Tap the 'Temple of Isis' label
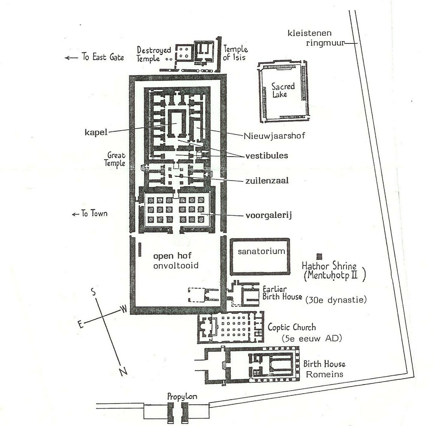(x=235, y=53)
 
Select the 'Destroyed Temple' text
(x=154, y=54)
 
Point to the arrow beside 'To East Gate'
(x=71, y=58)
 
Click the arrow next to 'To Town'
(x=75, y=214)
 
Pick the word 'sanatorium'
(x=261, y=251)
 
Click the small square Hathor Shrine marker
(x=319, y=256)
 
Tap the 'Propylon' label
(x=182, y=396)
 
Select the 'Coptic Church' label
(x=292, y=327)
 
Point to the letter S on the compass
(x=94, y=291)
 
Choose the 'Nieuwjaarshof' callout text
(x=275, y=136)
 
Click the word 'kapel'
(x=96, y=132)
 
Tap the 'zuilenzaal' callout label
(x=267, y=181)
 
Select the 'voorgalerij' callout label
(x=269, y=215)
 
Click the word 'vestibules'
(x=267, y=155)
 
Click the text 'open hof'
(x=172, y=256)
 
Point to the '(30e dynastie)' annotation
(x=336, y=300)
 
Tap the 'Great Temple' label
(x=115, y=159)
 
